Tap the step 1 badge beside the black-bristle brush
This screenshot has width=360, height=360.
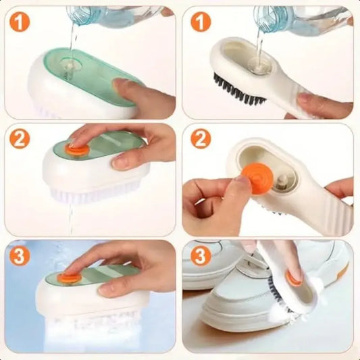pyautogui.click(x=200, y=22)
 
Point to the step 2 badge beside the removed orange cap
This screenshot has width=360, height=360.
pyautogui.click(x=200, y=140)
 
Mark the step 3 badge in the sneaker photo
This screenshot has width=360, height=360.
pyautogui.click(x=200, y=257)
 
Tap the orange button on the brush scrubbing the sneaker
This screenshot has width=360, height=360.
pyautogui.click(x=294, y=277)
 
